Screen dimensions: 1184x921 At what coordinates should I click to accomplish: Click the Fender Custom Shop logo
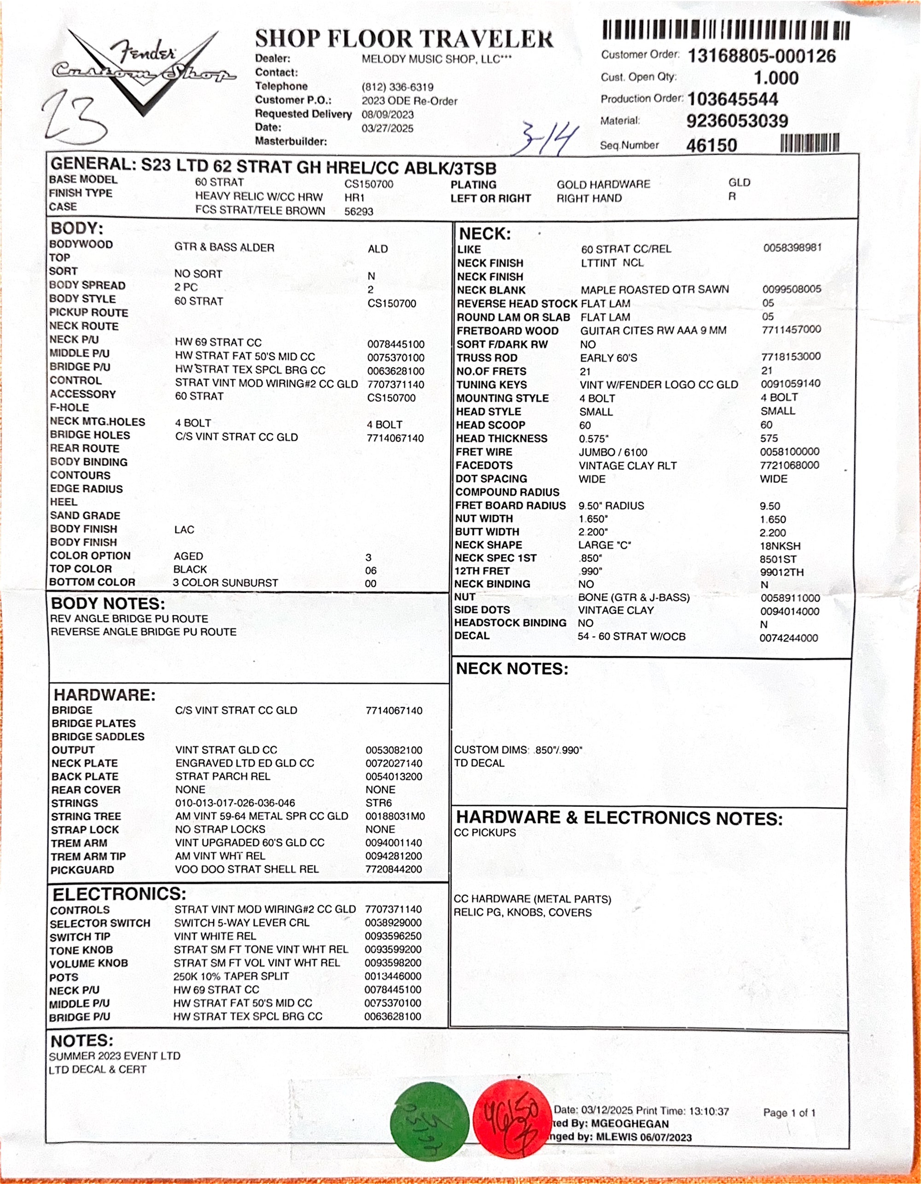click(x=144, y=71)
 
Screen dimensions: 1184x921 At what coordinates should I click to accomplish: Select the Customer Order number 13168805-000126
click(x=761, y=56)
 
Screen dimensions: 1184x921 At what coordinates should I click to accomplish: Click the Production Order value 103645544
click(x=733, y=99)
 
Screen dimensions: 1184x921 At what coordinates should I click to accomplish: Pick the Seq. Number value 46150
click(x=711, y=145)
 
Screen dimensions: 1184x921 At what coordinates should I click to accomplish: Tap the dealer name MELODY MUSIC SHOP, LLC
click(x=437, y=59)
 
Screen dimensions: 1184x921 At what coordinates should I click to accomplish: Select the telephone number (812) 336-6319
click(x=397, y=87)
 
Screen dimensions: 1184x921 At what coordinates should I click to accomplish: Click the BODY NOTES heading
click(x=108, y=603)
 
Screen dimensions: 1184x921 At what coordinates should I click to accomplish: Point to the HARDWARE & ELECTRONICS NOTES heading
click(x=619, y=818)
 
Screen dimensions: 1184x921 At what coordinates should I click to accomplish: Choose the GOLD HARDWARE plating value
click(x=603, y=184)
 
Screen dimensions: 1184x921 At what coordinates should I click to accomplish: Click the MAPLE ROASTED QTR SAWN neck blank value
click(x=654, y=289)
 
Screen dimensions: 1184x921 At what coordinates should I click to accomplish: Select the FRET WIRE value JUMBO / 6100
click(x=613, y=452)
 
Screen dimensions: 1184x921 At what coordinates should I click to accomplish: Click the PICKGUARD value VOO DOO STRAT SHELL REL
click(x=246, y=869)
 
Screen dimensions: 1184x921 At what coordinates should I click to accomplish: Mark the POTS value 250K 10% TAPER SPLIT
click(x=231, y=976)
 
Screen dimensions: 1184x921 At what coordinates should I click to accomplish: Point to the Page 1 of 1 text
click(x=789, y=1113)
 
